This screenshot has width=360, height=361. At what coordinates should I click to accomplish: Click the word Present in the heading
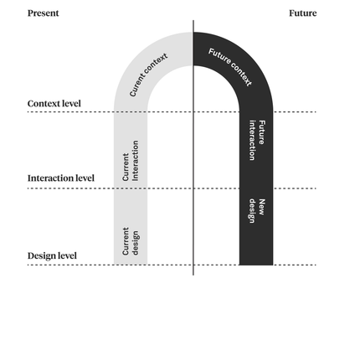[44, 13]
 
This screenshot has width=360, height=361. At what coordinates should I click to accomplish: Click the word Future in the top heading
[303, 13]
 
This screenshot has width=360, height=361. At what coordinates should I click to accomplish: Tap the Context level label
[54, 104]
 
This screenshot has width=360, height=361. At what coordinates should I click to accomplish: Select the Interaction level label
[61, 178]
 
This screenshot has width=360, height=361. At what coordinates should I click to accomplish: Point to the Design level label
[52, 255]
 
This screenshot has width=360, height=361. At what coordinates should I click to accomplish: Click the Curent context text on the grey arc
[148, 75]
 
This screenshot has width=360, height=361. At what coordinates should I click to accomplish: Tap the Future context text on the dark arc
[230, 67]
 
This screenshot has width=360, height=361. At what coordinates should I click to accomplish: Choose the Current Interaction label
[131, 161]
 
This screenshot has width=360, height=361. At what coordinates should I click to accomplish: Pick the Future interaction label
[257, 140]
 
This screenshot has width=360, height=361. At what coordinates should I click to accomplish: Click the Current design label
[131, 241]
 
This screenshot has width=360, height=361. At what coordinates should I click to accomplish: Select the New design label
[257, 211]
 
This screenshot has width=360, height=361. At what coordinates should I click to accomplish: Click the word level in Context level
[71, 104]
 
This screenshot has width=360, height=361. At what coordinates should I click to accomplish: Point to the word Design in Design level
[42, 255]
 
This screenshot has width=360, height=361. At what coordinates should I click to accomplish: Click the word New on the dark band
[262, 207]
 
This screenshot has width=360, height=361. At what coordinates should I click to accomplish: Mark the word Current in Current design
[126, 241]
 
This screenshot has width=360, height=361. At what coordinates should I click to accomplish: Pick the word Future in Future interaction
[262, 132]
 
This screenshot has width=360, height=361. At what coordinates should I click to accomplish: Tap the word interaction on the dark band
[252, 140]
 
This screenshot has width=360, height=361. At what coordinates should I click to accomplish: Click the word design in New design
[252, 211]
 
